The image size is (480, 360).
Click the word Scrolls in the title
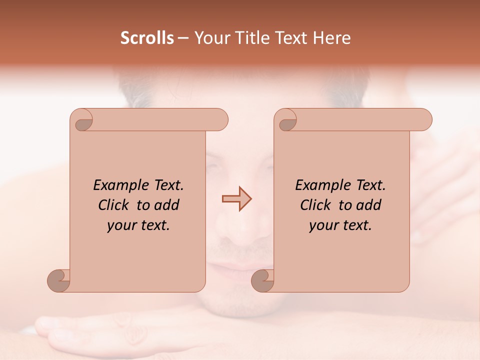(x=147, y=38)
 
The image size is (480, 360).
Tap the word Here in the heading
(x=332, y=38)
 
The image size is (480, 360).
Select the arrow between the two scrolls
(x=236, y=199)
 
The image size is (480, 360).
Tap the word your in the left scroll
(x=120, y=226)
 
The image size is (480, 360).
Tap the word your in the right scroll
(x=322, y=226)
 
